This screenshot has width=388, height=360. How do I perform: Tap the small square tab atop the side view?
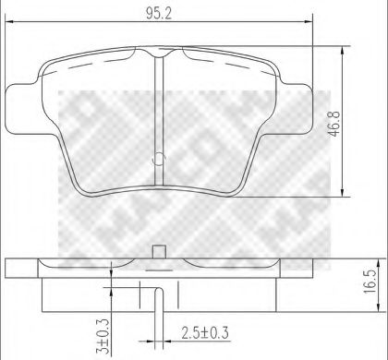pyautogui.click(x=159, y=250)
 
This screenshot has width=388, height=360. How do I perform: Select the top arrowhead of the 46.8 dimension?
pyautogui.click(x=345, y=44)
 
